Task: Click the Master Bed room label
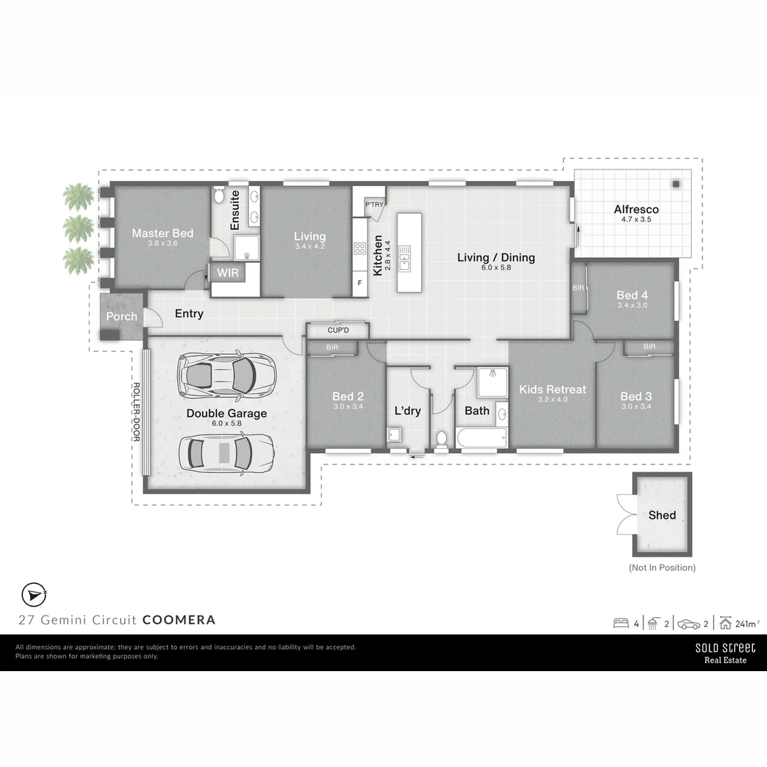[162, 233]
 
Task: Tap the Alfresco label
[636, 210]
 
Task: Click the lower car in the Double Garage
[224, 452]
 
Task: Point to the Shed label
[662, 515]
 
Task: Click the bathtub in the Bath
[482, 437]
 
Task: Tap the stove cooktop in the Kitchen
[360, 249]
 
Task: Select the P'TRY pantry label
[374, 205]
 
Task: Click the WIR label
[227, 273]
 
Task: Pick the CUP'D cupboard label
[338, 330]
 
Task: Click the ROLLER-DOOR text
[136, 412]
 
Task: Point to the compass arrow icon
[33, 594]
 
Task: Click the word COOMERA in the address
[179, 619]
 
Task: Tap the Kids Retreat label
[553, 389]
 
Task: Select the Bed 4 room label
[632, 295]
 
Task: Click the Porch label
[121, 316]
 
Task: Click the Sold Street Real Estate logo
[724, 653]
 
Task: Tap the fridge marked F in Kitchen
[360, 283]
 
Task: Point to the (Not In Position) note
[662, 567]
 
